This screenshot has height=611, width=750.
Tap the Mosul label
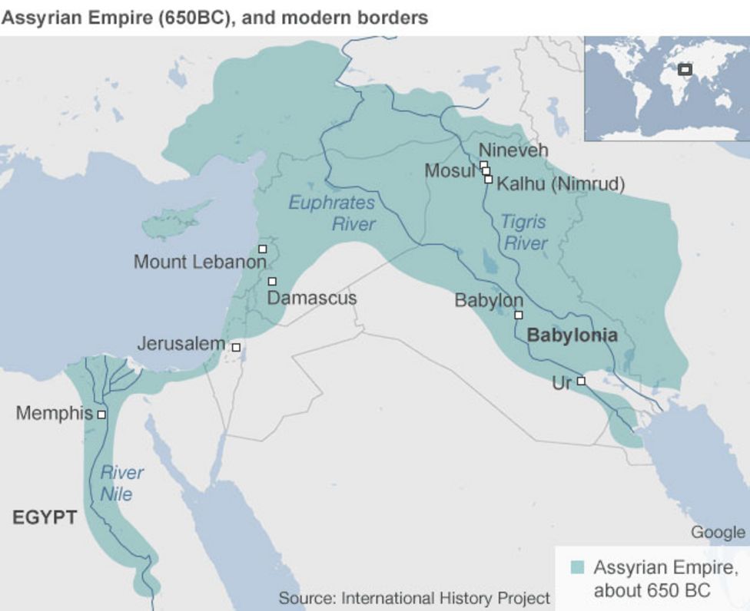click(x=450, y=170)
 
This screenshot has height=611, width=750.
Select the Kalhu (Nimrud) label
click(x=560, y=184)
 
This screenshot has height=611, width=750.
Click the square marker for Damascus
click(x=272, y=282)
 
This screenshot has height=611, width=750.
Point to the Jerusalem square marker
click(x=236, y=348)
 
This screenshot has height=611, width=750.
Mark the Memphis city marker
click(x=101, y=414)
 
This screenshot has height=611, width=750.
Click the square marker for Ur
click(x=581, y=381)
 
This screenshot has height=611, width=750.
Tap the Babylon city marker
click(x=519, y=315)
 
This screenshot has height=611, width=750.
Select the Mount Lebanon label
click(x=200, y=262)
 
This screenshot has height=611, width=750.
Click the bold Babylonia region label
click(x=572, y=335)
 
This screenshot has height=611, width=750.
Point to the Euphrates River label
click(x=332, y=213)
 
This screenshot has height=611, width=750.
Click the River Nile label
click(x=121, y=482)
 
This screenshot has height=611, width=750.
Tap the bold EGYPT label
click(x=45, y=518)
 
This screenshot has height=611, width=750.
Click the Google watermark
click(x=718, y=532)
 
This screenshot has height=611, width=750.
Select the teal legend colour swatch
click(x=578, y=568)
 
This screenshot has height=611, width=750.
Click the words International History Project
click(x=446, y=598)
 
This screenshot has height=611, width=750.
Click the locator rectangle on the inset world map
click(x=685, y=70)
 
